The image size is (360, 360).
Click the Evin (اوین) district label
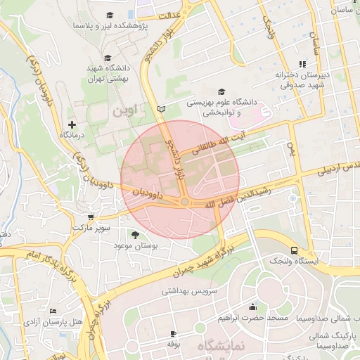tap(126, 110)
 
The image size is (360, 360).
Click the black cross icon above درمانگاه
tap(72, 124)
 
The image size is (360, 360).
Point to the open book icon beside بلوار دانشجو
tap(163, 109)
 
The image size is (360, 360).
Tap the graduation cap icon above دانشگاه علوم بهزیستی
tap(222, 91)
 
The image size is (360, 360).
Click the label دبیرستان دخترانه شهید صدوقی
tap(303, 79)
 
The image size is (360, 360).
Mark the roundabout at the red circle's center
tap(184, 202)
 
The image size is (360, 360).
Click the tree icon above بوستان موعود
tap(134, 234)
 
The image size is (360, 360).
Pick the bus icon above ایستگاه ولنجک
tap(293, 250)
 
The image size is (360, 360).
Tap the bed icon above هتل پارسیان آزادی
tap(53, 311)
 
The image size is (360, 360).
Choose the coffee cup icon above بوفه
tap(174, 333)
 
